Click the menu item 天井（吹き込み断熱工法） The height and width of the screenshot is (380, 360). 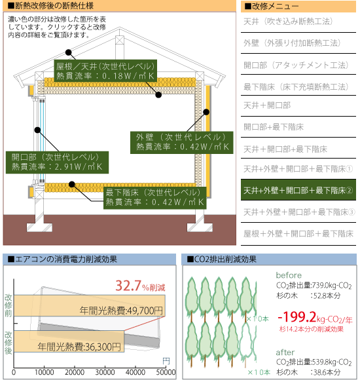click(288, 22)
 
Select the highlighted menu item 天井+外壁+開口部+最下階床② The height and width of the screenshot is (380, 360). click(298, 190)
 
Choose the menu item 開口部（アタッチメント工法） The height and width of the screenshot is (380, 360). click(296, 65)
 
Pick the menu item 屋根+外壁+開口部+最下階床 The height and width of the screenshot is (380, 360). click(298, 234)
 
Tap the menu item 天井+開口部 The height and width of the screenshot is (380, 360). click(267, 105)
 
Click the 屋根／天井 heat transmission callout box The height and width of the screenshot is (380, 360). click(105, 71)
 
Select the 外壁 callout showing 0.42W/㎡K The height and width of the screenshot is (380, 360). click(181, 143)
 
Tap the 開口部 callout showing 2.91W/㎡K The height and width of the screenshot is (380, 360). click(57, 162)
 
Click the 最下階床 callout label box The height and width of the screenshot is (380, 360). click(155, 198)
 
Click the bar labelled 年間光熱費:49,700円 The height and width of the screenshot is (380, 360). click(90, 305)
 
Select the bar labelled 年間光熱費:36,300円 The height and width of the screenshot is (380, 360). click(69, 341)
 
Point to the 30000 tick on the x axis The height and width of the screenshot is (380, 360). click(105, 372)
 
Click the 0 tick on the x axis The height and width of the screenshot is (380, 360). click(14, 372)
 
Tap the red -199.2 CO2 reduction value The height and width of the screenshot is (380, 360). click(297, 317)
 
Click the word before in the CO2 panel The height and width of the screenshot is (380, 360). click(289, 275)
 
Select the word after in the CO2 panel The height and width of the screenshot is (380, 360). click(285, 352)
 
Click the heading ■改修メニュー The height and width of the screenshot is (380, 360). click(272, 7)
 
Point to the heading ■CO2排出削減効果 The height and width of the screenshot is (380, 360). click(221, 259)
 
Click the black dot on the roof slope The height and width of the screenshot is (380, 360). click(69, 52)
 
